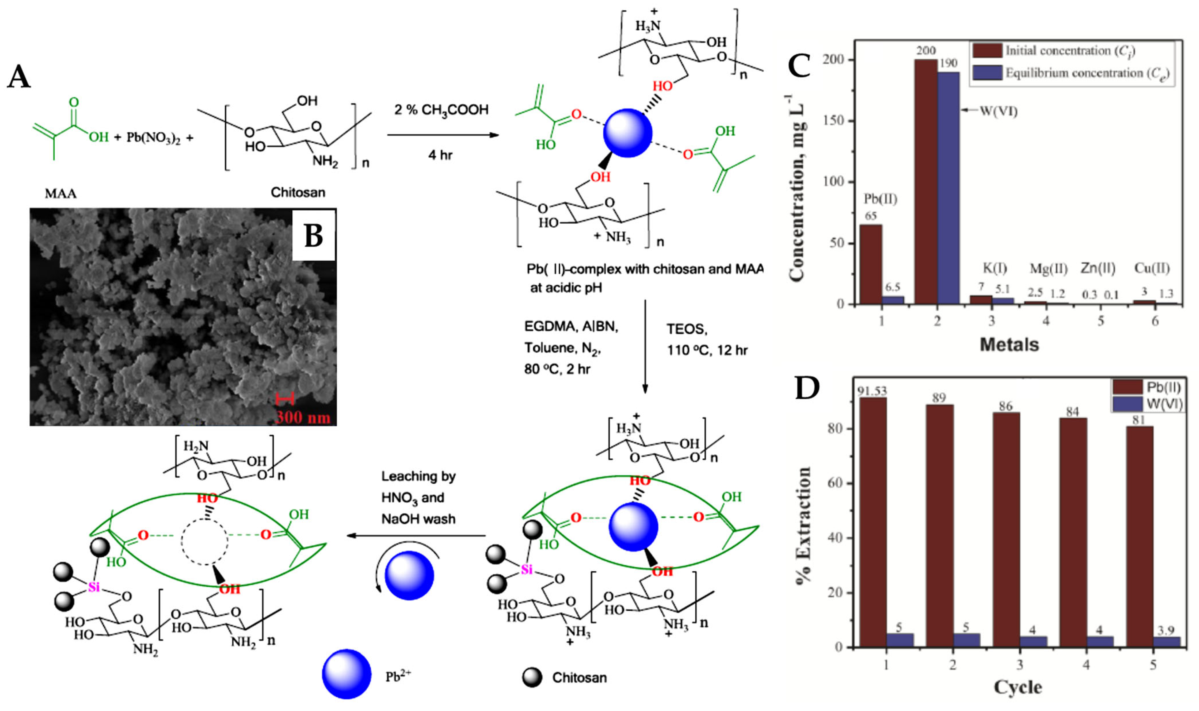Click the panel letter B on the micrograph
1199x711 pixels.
[x=313, y=235]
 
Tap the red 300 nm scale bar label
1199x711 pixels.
[x=303, y=417]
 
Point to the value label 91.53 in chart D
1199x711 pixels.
[x=872, y=391]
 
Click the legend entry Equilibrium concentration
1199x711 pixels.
[x=1087, y=73]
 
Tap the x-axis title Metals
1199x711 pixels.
[x=1009, y=344]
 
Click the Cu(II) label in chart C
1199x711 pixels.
[x=1152, y=268]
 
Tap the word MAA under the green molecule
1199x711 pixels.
[x=61, y=193]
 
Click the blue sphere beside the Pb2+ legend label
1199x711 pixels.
[x=346, y=674]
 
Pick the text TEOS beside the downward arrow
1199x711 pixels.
[x=686, y=329]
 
